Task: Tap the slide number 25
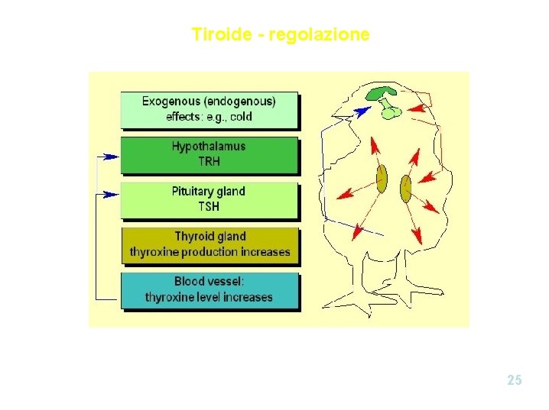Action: coord(515,379)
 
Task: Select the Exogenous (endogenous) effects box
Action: coord(209,109)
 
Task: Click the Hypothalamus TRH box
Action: coord(209,154)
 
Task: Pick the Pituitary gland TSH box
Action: coord(209,199)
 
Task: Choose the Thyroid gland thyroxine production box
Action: coord(210,244)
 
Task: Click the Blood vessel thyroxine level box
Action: coord(209,289)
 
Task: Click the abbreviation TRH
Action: coord(209,162)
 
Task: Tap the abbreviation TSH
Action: coord(209,207)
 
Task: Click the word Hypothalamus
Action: coord(209,147)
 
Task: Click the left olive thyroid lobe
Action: coord(381,180)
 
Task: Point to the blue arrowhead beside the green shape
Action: coord(362,111)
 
